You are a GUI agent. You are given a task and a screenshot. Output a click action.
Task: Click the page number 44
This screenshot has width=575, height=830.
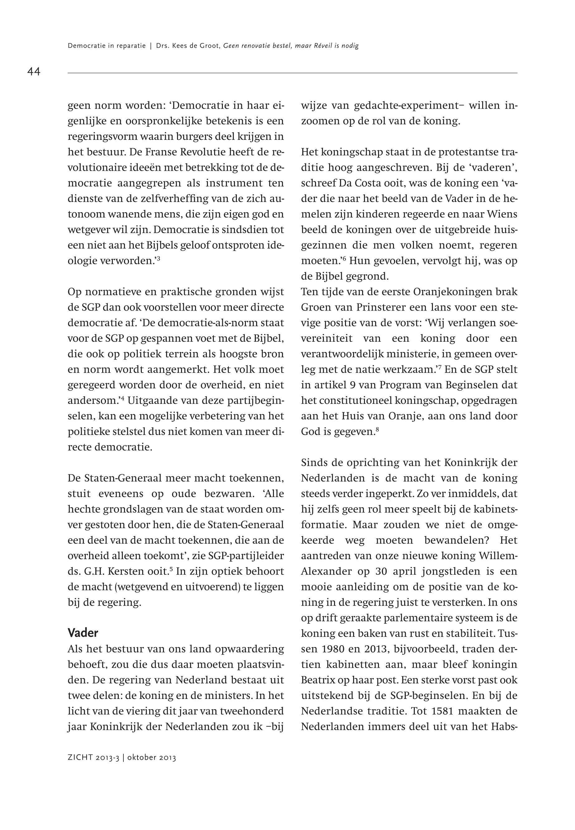34,72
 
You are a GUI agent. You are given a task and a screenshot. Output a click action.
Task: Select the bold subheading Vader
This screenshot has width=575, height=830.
83,633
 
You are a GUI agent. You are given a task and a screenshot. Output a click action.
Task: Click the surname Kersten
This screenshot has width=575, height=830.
118,572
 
